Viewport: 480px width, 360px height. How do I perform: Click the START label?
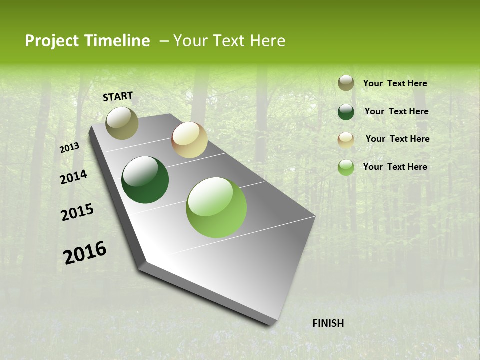(118, 96)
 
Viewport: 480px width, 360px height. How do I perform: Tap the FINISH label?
(328, 323)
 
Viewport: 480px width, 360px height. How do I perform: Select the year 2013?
(69, 148)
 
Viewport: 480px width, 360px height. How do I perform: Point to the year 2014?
(73, 177)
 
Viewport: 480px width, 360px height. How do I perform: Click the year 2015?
(77, 212)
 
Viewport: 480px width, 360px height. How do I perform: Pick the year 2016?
(85, 253)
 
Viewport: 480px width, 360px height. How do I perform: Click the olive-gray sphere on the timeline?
(122, 123)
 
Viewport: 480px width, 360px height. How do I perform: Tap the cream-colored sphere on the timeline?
(189, 140)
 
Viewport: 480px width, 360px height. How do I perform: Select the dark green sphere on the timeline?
(145, 180)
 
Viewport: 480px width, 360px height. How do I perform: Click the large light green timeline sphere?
(216, 207)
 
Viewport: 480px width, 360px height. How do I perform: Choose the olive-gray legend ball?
(346, 83)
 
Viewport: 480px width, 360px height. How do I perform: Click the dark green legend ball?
(346, 112)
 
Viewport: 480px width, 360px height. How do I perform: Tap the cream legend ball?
(346, 140)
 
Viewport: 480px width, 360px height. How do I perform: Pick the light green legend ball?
(346, 167)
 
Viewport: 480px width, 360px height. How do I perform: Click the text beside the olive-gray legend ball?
(395, 84)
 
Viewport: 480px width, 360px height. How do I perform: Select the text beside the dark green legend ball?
(396, 111)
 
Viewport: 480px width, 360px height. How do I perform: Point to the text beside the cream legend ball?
(397, 139)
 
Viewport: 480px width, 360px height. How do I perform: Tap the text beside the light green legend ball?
(395, 167)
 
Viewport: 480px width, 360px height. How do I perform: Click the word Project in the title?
(52, 41)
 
